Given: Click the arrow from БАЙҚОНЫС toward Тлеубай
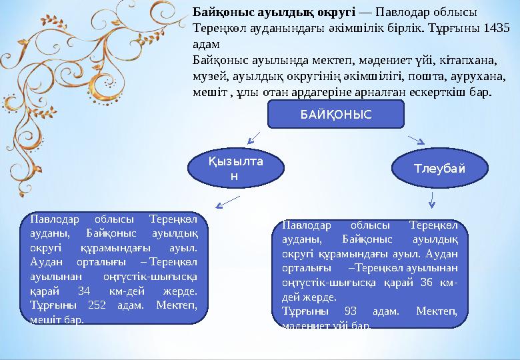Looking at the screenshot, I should point(416,139).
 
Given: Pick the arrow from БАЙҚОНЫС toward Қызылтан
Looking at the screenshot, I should point(253,138).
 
